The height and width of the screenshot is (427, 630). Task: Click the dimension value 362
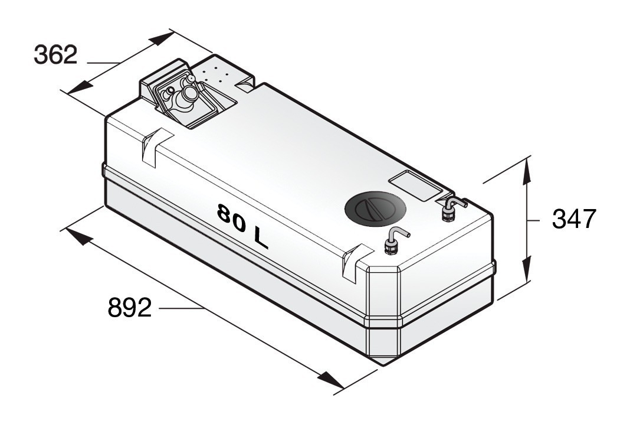[55, 56]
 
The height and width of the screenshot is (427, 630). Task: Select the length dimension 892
[130, 308]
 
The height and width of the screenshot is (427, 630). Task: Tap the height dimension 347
[573, 219]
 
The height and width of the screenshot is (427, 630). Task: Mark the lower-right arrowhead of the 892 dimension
[331, 381]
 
